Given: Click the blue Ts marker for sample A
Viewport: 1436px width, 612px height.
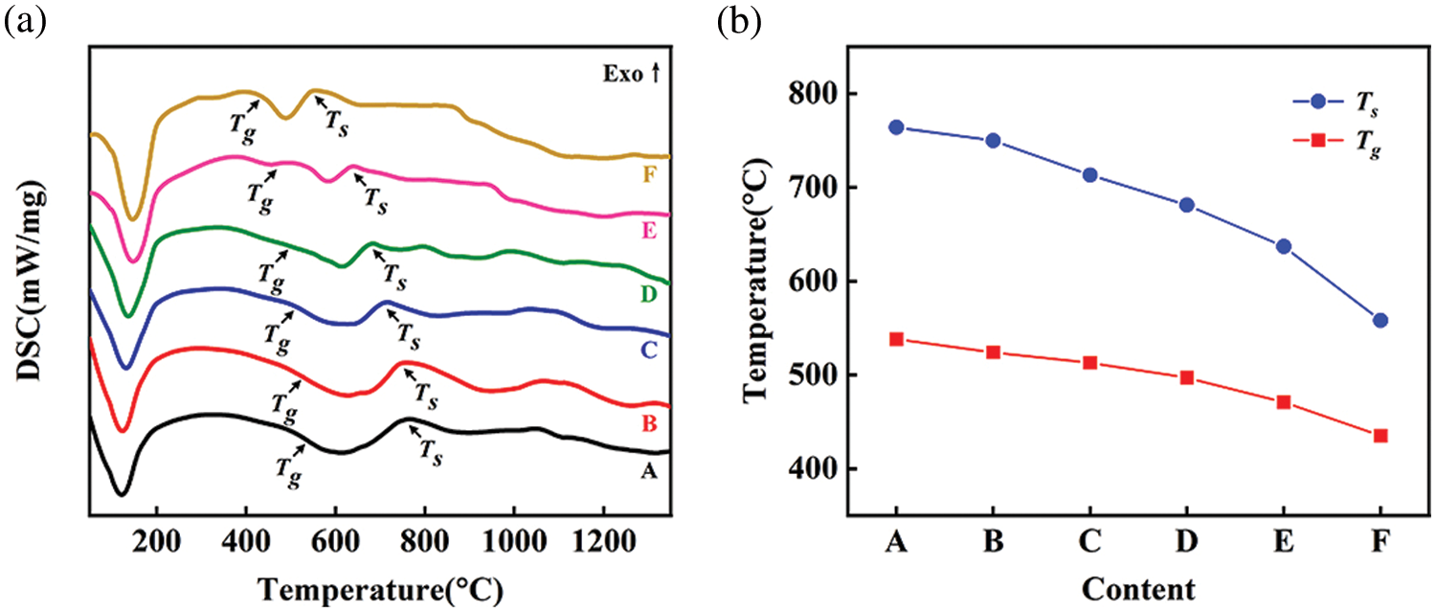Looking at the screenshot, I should [x=896, y=127].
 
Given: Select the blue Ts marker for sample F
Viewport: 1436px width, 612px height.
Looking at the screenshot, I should [x=1380, y=320].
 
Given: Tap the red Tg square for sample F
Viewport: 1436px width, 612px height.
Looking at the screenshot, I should [x=1380, y=436].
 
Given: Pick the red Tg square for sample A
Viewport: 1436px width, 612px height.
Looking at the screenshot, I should [x=896, y=339].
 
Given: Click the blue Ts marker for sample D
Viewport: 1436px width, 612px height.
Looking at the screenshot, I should [x=1186, y=205].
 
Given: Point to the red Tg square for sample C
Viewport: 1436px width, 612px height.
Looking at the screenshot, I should [x=1089, y=363].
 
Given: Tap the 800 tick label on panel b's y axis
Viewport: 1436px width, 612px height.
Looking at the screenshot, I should [x=810, y=94].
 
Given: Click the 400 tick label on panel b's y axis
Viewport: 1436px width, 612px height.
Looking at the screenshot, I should [x=810, y=469].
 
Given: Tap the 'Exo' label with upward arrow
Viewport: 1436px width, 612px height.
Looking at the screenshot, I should [x=633, y=74].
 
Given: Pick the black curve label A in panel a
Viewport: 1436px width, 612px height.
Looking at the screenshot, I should [x=648, y=470].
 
